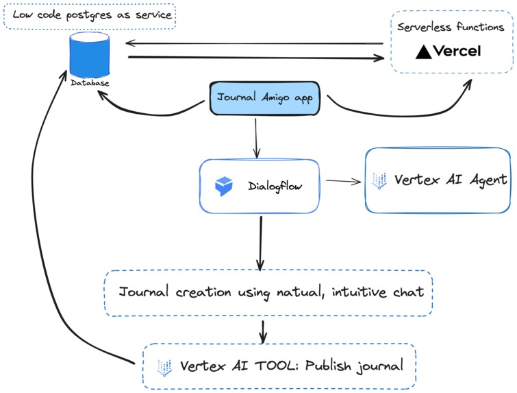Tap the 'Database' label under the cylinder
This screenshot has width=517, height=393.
(x=90, y=84)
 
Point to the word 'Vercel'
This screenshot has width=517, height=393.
(x=458, y=51)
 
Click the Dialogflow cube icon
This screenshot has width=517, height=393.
(x=224, y=186)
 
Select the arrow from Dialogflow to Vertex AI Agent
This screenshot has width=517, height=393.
(x=343, y=181)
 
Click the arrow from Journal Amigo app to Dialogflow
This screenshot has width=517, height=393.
(x=256, y=137)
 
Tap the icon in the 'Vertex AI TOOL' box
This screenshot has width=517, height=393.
(x=164, y=366)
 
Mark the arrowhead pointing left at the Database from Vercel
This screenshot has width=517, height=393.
(x=129, y=44)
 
